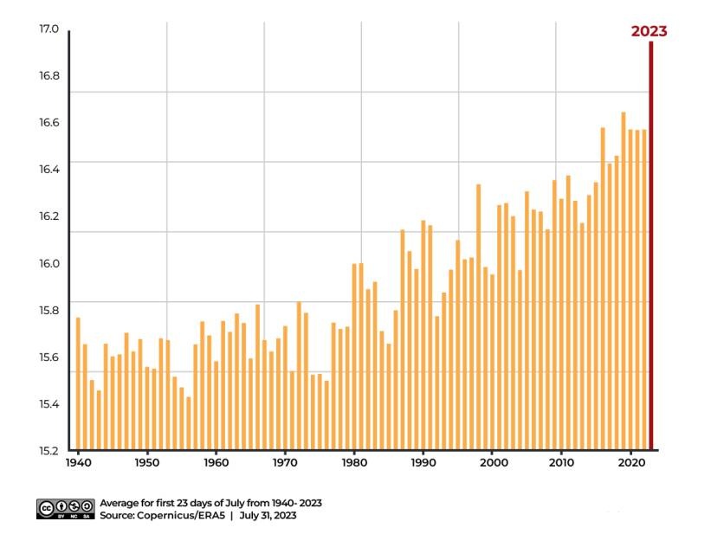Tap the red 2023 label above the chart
click(649, 31)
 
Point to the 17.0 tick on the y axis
click(48, 29)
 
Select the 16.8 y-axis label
click(48, 76)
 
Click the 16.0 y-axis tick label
click(48, 264)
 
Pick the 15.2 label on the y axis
click(48, 451)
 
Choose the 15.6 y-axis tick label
click(48, 357)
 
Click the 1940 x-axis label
click(78, 462)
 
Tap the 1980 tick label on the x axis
click(353, 462)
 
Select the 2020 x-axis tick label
click(630, 462)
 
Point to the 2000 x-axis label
click(492, 462)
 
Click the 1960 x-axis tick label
click(216, 462)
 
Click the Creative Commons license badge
click(65, 509)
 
